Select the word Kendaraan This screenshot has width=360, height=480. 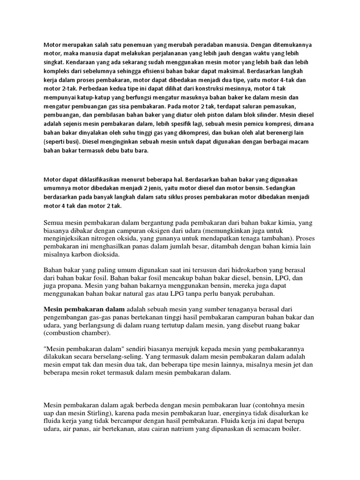(x=82, y=62)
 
